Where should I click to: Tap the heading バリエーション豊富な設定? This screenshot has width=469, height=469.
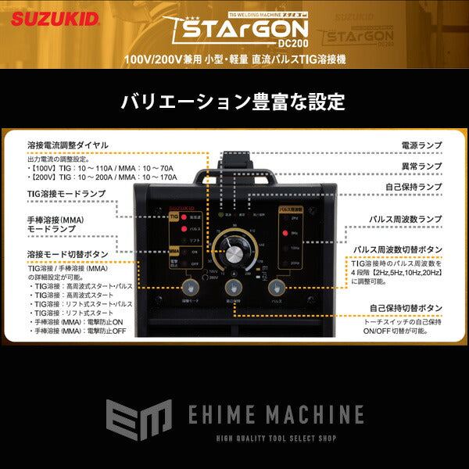232,102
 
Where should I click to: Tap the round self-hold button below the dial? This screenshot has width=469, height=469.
232,290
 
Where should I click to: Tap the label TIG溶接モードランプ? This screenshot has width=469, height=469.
66,192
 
